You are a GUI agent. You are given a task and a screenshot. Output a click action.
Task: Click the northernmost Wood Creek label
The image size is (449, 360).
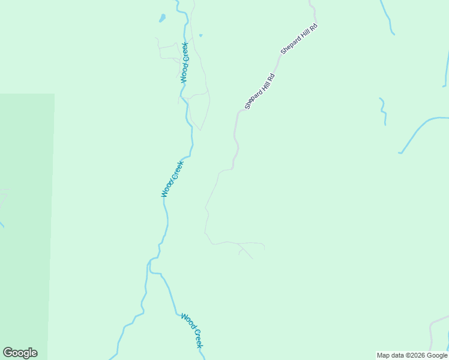coord(184,62)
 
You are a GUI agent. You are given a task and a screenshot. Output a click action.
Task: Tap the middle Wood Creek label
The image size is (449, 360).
coord(172,179)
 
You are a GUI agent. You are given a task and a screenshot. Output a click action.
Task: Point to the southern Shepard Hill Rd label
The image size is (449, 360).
coord(259,91)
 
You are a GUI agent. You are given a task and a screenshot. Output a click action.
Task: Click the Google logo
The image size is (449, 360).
coord(20,353)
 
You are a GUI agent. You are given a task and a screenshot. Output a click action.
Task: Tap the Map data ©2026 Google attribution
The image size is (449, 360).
coord(412,355)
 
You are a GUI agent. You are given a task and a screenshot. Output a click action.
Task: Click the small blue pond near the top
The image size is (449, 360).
coord(162,18)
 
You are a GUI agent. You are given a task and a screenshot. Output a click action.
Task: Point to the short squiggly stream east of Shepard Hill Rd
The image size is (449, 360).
coord(382,110)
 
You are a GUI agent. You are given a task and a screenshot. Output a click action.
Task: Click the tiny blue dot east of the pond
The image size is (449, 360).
coord(200,35)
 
